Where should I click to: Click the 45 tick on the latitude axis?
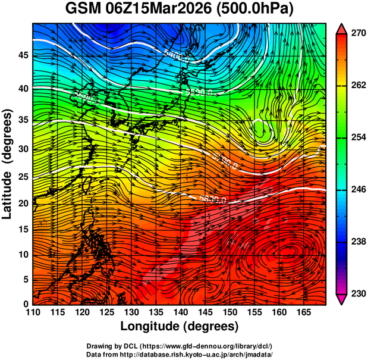(23, 55)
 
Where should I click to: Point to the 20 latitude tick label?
(23, 203)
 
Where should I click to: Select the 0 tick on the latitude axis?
(26, 303)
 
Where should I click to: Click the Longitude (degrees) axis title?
(180, 327)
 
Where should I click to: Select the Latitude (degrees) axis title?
(8, 164)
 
